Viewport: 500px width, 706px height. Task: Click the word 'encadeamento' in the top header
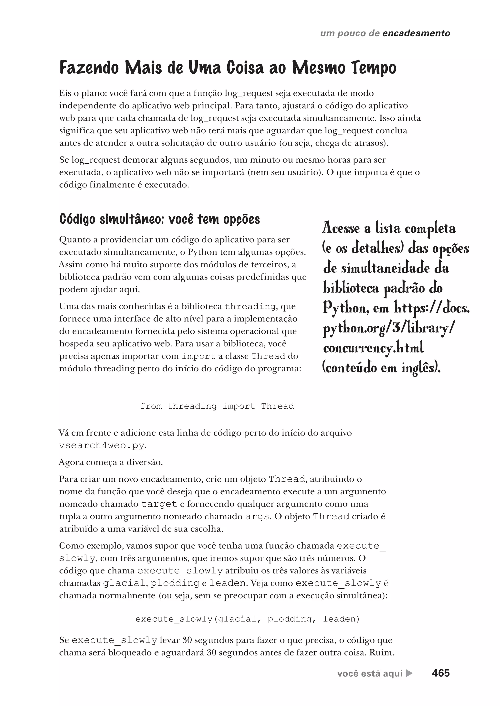[416, 33]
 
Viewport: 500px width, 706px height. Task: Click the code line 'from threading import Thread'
[217, 406]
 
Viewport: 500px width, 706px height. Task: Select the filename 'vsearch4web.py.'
[103, 446]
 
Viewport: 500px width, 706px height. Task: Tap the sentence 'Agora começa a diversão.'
[111, 462]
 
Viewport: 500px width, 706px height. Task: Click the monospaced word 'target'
[159, 504]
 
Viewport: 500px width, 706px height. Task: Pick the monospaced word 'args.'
[258, 516]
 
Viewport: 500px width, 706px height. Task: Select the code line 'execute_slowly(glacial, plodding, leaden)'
[248, 619]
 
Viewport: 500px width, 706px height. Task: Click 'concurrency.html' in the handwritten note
[373, 348]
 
